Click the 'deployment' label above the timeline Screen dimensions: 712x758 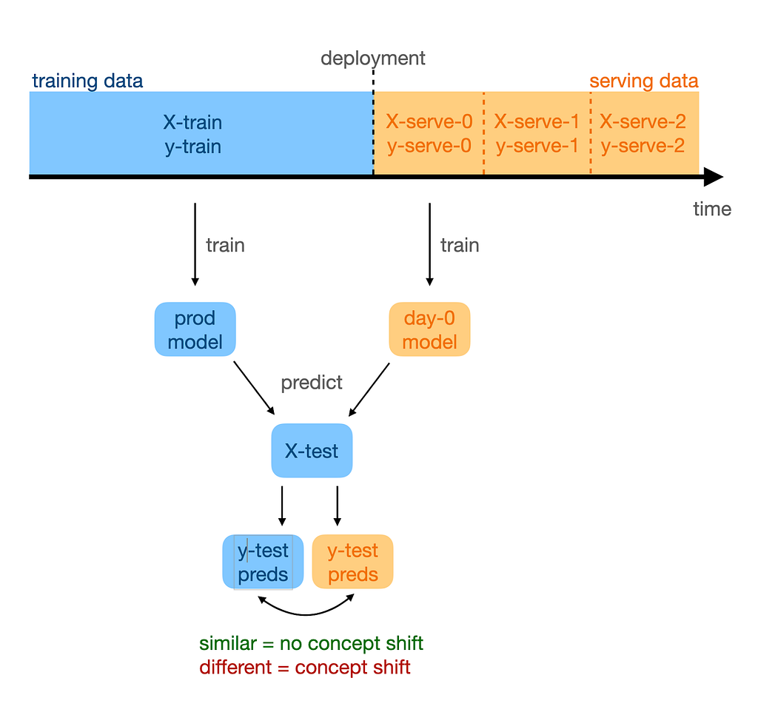tap(373, 58)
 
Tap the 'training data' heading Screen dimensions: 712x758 tap(87, 81)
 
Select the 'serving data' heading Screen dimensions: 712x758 tap(643, 81)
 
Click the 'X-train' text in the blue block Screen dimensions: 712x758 tap(192, 122)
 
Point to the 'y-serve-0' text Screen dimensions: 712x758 tap(429, 146)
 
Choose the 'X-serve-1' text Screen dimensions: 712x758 tap(537, 122)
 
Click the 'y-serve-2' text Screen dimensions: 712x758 tap(643, 146)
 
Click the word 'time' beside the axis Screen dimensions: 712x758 tap(712, 209)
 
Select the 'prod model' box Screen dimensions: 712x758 tap(195, 330)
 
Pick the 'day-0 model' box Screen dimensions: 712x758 tap(429, 330)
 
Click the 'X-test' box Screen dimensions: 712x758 tap(312, 451)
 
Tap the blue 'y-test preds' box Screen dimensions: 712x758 tap(264, 562)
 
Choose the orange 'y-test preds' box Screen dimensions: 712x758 tap(352, 562)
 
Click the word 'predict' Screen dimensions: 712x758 tap(312, 383)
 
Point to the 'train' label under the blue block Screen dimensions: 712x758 tap(225, 245)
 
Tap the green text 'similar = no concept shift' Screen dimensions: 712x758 tap(311, 643)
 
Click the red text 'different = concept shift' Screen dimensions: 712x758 tap(304, 668)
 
